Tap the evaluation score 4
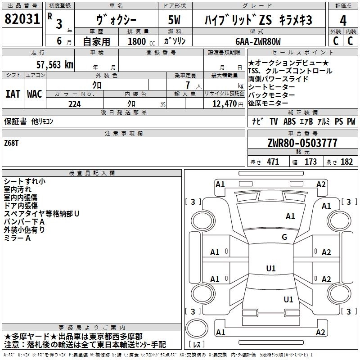(x=343, y=20)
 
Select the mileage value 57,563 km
(x=55, y=65)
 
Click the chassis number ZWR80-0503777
(x=302, y=144)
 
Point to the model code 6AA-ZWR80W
(x=258, y=42)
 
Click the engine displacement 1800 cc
(x=140, y=42)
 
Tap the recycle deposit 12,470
(x=224, y=104)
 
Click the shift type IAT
(x=13, y=94)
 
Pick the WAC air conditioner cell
(x=35, y=94)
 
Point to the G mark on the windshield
(x=284, y=237)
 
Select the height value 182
(x=346, y=162)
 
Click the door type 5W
(x=175, y=20)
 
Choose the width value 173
(x=310, y=162)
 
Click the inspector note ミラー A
(x=17, y=238)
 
